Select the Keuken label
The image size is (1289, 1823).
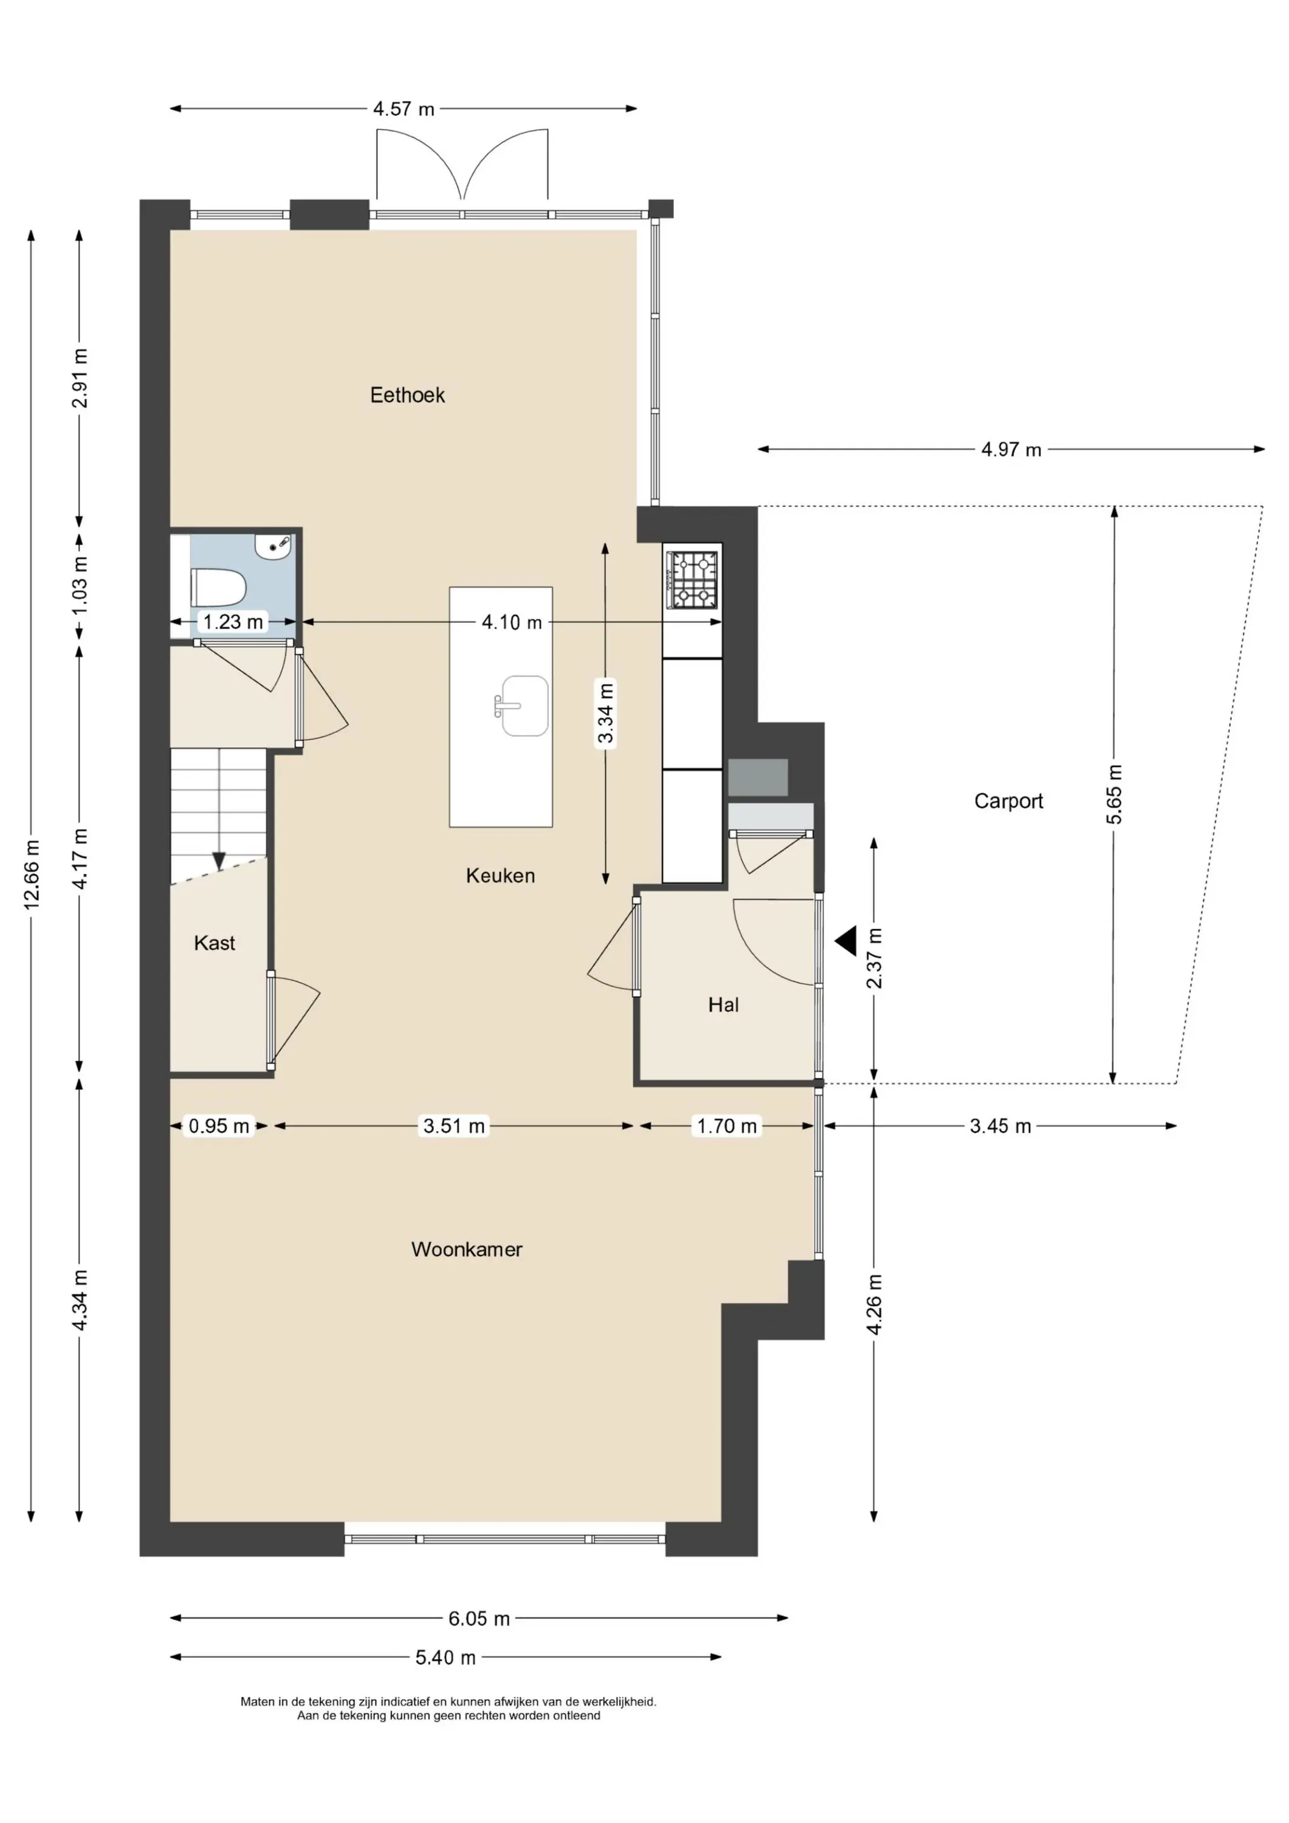(500, 875)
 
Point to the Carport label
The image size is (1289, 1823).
(1009, 801)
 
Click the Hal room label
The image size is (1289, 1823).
(724, 1005)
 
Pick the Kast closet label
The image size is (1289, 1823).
(215, 942)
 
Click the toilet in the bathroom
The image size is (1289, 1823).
(218, 588)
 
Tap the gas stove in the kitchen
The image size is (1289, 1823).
(692, 580)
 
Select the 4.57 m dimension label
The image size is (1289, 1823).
(404, 109)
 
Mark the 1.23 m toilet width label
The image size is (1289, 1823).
(233, 622)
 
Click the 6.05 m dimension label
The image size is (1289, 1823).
(479, 1618)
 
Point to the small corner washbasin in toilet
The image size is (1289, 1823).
(274, 546)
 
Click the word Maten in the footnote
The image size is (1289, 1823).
(257, 1701)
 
